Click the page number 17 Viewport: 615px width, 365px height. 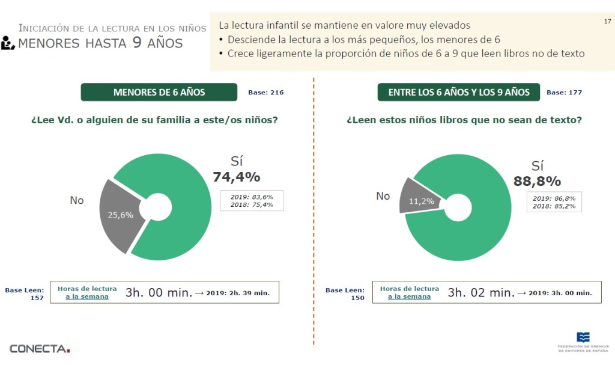(x=607, y=22)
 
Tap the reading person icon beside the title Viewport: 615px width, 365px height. (x=8, y=43)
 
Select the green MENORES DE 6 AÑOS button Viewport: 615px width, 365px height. (x=159, y=92)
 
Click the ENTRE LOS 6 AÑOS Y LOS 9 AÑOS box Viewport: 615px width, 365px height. (x=459, y=92)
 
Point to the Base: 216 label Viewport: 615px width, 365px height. (x=265, y=93)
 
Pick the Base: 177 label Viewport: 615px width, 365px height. (x=564, y=93)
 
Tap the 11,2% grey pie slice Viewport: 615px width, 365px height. (x=420, y=200)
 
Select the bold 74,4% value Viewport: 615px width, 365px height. (x=236, y=177)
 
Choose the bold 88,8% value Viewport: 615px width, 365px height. (x=537, y=181)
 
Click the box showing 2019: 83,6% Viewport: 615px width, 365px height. (x=252, y=200)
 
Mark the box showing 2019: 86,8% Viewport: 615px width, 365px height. (x=554, y=202)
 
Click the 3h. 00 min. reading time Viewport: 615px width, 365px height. (x=159, y=293)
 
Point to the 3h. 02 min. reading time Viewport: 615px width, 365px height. (x=481, y=293)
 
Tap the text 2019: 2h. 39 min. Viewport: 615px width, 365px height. (x=238, y=293)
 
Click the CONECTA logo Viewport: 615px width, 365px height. (x=40, y=348)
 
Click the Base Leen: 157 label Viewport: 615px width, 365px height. (x=25, y=293)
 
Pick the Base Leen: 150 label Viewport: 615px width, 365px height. (x=345, y=293)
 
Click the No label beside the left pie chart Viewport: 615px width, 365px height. (x=77, y=200)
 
